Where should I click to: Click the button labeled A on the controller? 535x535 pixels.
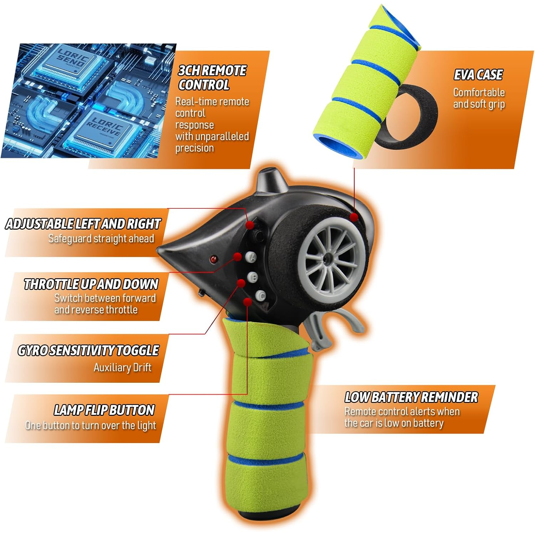point(252,257)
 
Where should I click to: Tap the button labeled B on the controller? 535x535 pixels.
point(253,277)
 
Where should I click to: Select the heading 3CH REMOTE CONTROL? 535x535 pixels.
point(212,78)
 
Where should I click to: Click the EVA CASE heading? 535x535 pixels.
point(478,75)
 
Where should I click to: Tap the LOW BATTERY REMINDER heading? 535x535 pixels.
point(411,397)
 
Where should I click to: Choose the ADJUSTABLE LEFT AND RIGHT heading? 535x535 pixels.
point(83,224)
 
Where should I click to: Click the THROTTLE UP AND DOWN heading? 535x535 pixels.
point(91,284)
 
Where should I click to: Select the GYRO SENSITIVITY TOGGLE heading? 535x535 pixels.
point(88,350)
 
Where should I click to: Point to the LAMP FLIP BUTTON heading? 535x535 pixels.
point(104,410)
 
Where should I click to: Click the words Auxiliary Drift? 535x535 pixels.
point(122,367)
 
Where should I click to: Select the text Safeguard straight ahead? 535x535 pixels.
point(101,238)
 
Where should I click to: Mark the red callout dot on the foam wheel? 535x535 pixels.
point(354,217)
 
